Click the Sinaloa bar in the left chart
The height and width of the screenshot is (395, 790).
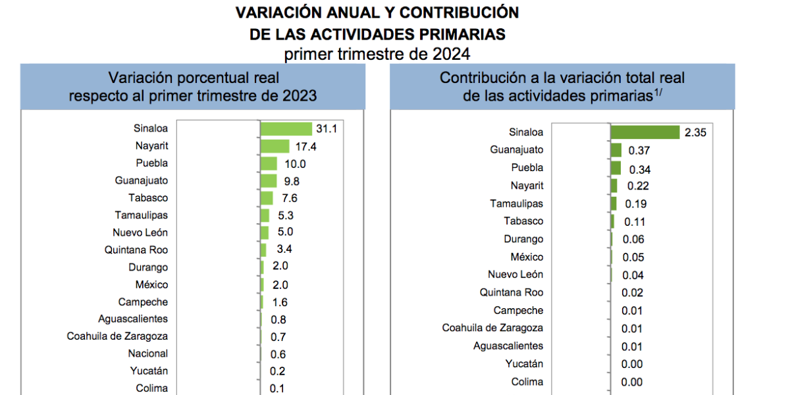click(286, 129)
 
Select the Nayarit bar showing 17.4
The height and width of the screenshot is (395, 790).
click(275, 146)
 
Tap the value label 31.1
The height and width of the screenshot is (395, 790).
click(327, 129)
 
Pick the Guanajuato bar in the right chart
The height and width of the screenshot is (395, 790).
click(616, 150)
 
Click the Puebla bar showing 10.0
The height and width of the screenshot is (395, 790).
click(269, 163)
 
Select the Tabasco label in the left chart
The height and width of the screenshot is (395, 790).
click(148, 197)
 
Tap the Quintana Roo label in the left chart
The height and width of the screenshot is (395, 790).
click(136, 250)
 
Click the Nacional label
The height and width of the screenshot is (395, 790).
click(148, 354)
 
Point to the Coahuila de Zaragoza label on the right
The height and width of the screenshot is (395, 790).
click(492, 328)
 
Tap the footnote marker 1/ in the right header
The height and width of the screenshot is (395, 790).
click(658, 93)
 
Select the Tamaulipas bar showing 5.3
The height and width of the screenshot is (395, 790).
click(265, 215)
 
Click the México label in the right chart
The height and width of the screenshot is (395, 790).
click(527, 257)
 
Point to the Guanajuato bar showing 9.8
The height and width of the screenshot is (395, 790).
click(269, 180)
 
